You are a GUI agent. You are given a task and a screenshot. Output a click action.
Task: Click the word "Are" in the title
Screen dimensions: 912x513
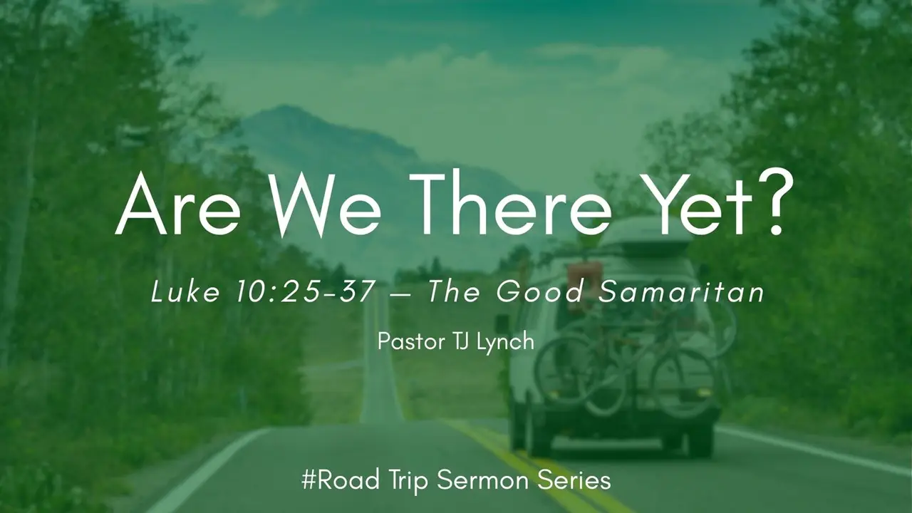point(178,204)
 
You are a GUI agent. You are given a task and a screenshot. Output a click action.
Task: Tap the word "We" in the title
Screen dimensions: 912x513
point(318,204)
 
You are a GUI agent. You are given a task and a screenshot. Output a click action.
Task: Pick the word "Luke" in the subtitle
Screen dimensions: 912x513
point(185,291)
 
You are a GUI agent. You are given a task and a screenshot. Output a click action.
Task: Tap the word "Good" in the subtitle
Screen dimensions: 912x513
point(540,292)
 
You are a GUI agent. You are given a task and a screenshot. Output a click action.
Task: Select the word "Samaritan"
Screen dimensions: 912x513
point(680,292)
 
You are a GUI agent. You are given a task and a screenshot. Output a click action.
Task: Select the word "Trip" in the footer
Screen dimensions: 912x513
point(408,481)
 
